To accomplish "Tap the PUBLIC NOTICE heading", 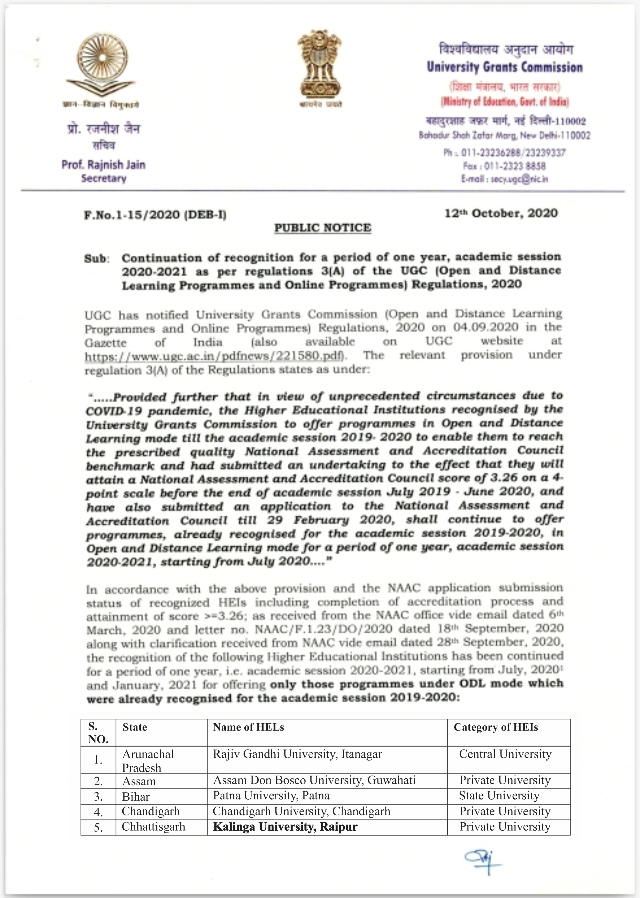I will [322, 228].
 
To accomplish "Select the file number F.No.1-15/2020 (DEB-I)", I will [155, 215].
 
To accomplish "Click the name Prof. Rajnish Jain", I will [103, 164].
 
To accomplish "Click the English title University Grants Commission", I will [504, 67].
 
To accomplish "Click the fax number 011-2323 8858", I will [514, 166].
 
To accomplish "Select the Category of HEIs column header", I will [495, 727].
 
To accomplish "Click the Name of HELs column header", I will [248, 727].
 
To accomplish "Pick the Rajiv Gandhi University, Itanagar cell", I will [297, 754].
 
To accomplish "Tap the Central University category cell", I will [505, 754].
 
